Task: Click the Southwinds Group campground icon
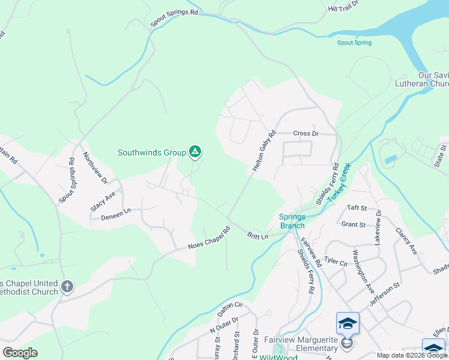pyautogui.click(x=194, y=152)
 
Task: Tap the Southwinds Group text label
pyautogui.click(x=152, y=153)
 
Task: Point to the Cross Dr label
pyautogui.click(x=306, y=133)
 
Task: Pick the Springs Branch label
pyautogui.click(x=292, y=221)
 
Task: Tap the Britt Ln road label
pyautogui.click(x=257, y=236)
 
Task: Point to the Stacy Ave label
pyautogui.click(x=103, y=201)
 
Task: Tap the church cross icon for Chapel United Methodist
pyautogui.click(x=67, y=287)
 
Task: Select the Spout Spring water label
pyautogui.click(x=354, y=43)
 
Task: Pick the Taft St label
pyautogui.click(x=357, y=208)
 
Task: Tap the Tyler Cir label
pyautogui.click(x=336, y=262)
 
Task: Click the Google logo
pyautogui.click(x=20, y=352)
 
